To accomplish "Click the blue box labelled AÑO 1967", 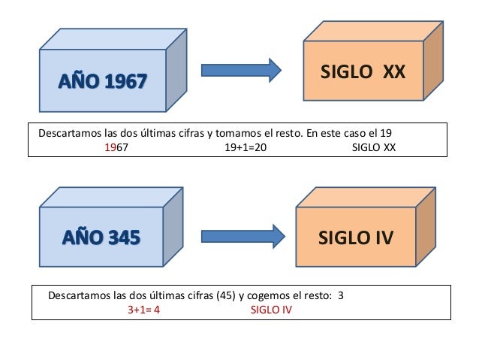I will click(101, 80).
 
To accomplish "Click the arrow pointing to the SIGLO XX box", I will click(240, 70).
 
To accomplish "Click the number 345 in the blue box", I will click(124, 238).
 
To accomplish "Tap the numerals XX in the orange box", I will click(392, 72).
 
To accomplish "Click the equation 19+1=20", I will click(245, 148).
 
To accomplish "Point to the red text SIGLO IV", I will click(270, 309).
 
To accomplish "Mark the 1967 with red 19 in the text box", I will click(116, 148).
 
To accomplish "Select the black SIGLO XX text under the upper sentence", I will click(373, 148).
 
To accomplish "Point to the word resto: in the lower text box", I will click(317, 295).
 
